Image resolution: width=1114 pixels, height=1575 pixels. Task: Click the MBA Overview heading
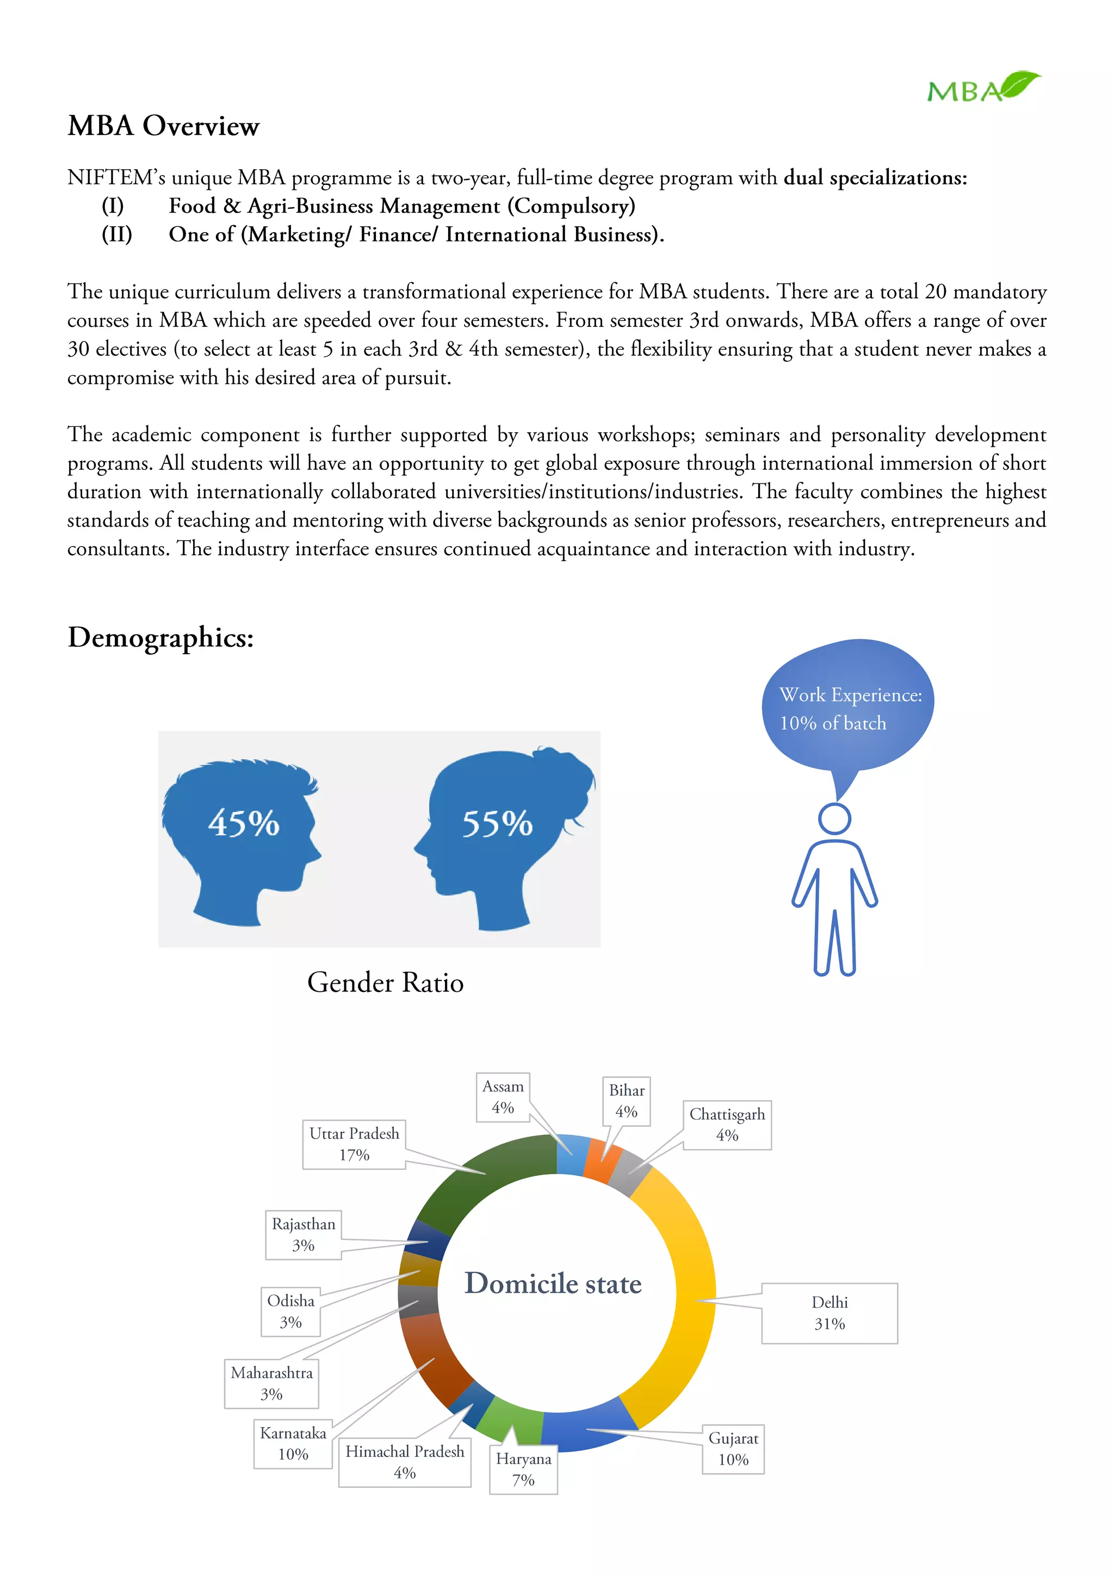click(163, 126)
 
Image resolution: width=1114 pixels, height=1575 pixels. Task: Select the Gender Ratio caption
click(385, 982)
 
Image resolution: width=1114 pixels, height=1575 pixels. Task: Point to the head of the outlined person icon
click(834, 819)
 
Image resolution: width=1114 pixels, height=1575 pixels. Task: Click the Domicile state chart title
click(553, 1283)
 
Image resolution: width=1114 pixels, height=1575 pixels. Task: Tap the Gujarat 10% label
click(733, 1449)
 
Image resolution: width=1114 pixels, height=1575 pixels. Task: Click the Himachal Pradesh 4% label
click(405, 1462)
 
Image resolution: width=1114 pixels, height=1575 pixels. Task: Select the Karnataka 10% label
click(293, 1443)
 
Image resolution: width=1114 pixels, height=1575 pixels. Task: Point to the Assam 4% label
click(503, 1097)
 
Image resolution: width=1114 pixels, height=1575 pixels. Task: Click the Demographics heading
click(160, 637)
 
